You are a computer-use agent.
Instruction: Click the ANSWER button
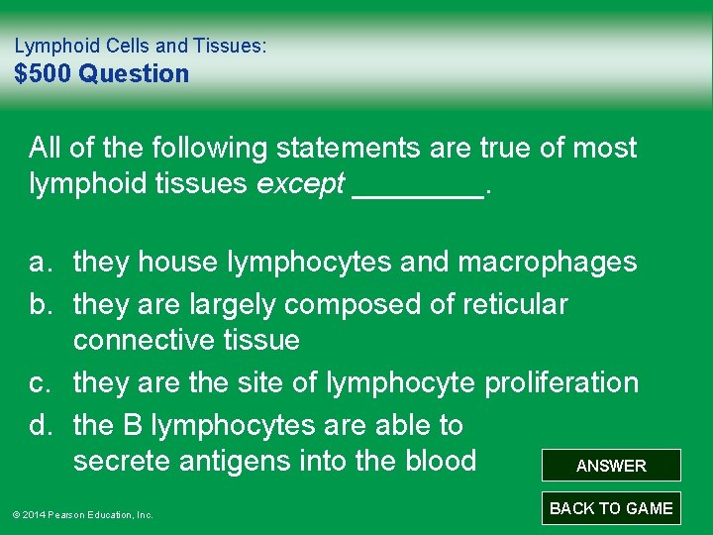(x=611, y=466)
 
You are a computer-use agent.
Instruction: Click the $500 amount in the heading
(x=44, y=73)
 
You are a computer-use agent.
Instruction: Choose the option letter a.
(x=40, y=263)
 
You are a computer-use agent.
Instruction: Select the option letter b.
(x=40, y=304)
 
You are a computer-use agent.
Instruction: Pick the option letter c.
(x=40, y=382)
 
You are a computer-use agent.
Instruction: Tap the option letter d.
(x=40, y=426)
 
